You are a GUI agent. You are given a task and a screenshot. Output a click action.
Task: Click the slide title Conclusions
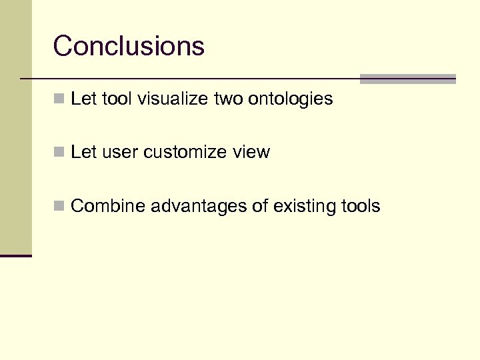click(129, 47)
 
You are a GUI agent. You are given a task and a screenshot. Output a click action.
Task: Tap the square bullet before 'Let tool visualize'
click(59, 99)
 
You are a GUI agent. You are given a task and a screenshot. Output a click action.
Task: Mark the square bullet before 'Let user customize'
click(59, 153)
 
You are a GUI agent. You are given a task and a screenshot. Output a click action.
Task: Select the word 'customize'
click(185, 153)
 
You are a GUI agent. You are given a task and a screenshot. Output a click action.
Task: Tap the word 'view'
click(251, 153)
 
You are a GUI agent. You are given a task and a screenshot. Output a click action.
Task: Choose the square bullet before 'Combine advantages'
click(59, 207)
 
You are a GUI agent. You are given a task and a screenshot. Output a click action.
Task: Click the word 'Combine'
click(108, 206)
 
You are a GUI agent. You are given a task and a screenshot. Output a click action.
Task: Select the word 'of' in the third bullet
click(259, 206)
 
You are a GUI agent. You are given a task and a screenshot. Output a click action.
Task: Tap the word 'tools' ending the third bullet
click(359, 206)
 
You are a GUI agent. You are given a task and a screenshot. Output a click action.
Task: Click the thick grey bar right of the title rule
click(407, 79)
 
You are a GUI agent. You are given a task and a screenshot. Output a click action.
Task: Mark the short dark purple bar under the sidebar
click(16, 255)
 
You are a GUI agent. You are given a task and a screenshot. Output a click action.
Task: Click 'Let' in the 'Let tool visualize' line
click(83, 99)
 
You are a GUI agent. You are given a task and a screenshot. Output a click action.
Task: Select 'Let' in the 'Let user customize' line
click(83, 153)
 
